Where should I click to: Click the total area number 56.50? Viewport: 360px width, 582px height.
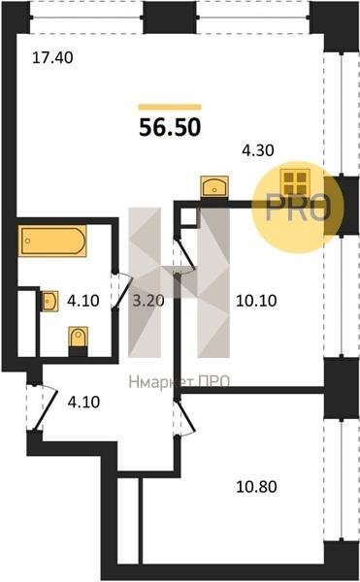[x=170, y=127]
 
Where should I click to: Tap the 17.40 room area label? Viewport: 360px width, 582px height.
[x=52, y=58]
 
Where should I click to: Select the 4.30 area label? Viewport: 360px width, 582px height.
[x=258, y=150]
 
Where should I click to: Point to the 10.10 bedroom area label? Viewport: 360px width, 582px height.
[x=256, y=301]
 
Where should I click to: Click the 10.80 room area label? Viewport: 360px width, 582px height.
[x=256, y=486]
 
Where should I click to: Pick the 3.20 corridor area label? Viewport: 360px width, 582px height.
[x=148, y=301]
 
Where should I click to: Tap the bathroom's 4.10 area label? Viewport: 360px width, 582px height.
[x=83, y=301]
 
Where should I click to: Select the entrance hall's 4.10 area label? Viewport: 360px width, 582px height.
[x=83, y=402]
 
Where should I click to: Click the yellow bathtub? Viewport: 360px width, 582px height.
[x=52, y=242]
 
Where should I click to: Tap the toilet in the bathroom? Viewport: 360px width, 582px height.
[x=79, y=338]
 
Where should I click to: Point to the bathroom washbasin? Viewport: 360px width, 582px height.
[x=49, y=301]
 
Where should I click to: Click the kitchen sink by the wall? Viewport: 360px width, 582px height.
[x=214, y=186]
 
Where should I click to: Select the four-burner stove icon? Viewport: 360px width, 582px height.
[x=295, y=182]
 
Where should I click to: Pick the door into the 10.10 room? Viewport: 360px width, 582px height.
[x=184, y=254]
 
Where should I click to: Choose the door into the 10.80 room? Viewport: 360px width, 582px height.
[x=184, y=417]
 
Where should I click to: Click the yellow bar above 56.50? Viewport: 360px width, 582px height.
[x=170, y=108]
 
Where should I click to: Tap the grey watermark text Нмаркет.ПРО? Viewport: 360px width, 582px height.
[x=180, y=382]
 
